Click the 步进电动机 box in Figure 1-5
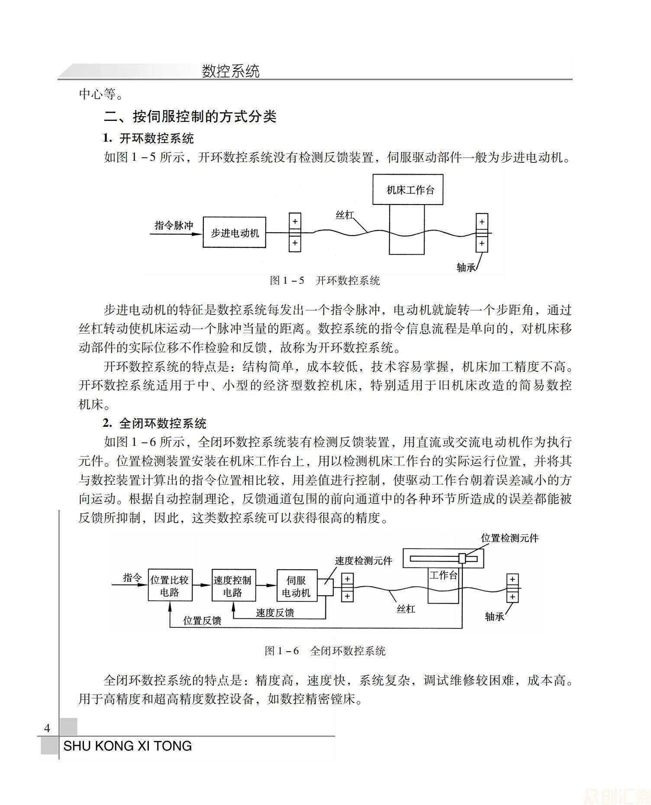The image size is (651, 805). (234, 233)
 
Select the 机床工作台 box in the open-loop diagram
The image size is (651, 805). (408, 190)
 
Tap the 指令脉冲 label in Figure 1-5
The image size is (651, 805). (174, 225)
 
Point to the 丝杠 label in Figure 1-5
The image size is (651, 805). (345, 215)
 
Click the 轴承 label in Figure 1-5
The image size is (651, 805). (466, 267)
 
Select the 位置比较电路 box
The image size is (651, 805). (170, 586)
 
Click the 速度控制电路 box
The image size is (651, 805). (233, 586)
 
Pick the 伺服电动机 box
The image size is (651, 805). (296, 586)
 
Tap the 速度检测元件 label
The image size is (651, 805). (363, 561)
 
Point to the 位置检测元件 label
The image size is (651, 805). (509, 538)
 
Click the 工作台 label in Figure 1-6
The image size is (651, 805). (443, 575)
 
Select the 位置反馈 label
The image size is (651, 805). (202, 620)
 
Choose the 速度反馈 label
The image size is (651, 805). (275, 613)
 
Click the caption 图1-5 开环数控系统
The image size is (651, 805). (325, 280)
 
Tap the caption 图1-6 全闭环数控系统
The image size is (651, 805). (325, 651)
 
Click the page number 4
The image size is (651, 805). (47, 728)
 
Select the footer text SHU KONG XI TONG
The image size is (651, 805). (127, 746)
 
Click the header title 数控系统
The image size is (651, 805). (230, 71)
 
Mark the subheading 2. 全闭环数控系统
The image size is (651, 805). (155, 423)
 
